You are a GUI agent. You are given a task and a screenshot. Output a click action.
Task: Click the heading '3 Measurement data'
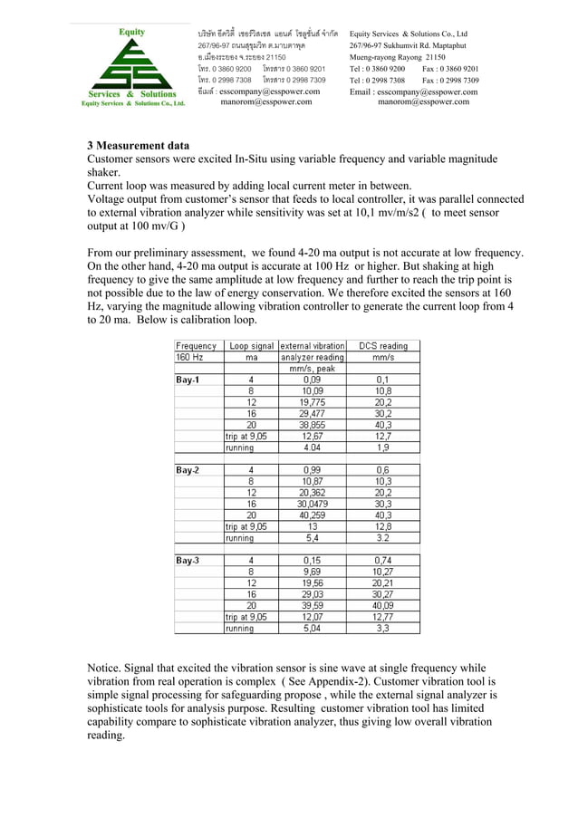(x=139, y=145)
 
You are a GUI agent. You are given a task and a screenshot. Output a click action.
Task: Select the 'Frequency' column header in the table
(x=197, y=345)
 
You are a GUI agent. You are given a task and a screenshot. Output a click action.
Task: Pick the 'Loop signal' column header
(x=251, y=345)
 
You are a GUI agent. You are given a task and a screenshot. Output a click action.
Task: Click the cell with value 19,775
(x=312, y=402)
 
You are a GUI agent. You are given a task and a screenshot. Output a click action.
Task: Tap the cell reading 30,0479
(x=312, y=504)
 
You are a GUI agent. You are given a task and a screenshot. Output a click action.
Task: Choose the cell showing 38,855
(x=312, y=425)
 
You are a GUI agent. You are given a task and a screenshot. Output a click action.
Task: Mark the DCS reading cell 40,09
(x=382, y=605)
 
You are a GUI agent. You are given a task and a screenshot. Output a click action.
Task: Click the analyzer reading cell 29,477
(x=312, y=413)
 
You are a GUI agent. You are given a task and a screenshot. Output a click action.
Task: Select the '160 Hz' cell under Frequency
(x=190, y=357)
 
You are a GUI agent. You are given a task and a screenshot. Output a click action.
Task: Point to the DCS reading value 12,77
(x=382, y=617)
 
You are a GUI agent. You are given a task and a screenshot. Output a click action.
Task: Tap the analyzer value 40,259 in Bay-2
(x=312, y=515)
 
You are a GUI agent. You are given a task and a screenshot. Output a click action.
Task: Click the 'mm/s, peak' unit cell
(x=312, y=369)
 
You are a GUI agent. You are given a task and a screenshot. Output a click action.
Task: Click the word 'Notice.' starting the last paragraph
(x=106, y=668)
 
